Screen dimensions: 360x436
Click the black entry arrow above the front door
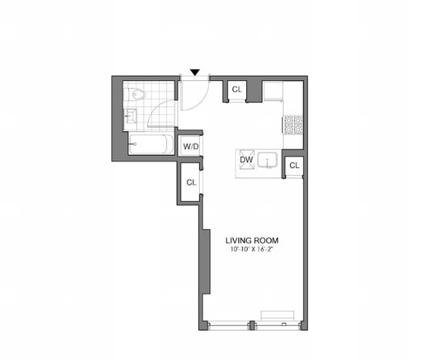195,72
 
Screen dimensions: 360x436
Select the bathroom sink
130,117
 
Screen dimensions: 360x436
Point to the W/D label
190,146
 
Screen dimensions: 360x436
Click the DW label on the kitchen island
247,160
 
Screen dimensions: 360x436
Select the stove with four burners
293,123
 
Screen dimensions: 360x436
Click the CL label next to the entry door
237,90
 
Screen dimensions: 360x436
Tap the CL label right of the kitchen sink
294,166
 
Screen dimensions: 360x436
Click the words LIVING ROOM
252,240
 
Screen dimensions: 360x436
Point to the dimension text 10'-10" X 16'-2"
252,249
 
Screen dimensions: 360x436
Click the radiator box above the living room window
278,315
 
